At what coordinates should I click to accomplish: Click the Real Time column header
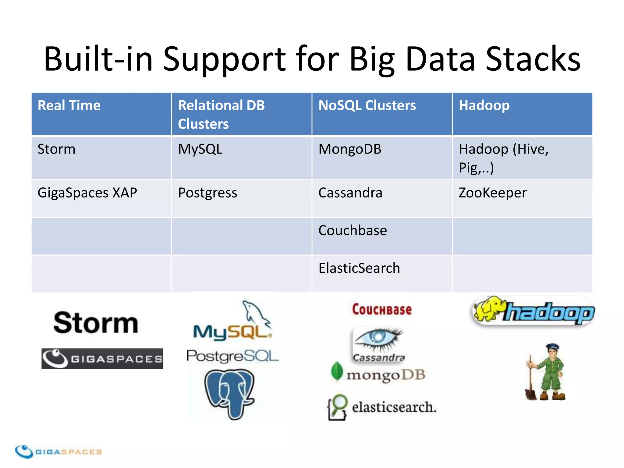coord(69,105)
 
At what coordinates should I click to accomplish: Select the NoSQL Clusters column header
coord(367,105)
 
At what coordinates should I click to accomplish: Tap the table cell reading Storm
coord(56,149)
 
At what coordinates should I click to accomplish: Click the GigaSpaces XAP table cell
coord(87,193)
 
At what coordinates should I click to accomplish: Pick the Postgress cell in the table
coord(207,193)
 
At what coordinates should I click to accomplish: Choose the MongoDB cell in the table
coord(350,149)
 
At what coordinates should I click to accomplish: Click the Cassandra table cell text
coord(350,193)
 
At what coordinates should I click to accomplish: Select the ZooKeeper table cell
coord(492,193)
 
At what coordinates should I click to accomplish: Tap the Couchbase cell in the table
coord(353,231)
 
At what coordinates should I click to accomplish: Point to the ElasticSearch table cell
coord(359,268)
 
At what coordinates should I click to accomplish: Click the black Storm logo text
coord(96,323)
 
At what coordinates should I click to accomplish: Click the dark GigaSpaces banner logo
coord(102,359)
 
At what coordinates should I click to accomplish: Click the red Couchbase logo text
coord(382,310)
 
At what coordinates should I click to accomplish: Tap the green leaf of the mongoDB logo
coord(337,371)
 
